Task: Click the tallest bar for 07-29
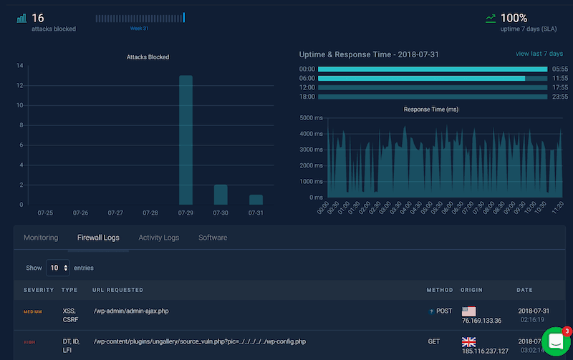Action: point(186,140)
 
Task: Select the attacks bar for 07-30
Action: point(221,195)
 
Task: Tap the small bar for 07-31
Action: point(256,200)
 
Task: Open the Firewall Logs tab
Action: point(98,238)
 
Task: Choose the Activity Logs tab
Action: point(158,238)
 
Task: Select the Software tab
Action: point(213,238)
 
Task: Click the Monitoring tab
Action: point(41,238)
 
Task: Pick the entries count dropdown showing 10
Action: point(57,268)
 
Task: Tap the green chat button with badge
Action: point(556,342)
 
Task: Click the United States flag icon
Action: point(468,311)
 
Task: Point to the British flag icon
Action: point(468,342)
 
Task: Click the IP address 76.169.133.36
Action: point(481,321)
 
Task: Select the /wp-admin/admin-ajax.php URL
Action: point(131,311)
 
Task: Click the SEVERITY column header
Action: point(38,290)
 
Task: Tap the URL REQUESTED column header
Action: point(117,290)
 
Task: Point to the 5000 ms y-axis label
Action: point(312,118)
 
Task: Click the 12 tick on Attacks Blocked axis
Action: point(20,86)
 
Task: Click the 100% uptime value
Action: point(514,18)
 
